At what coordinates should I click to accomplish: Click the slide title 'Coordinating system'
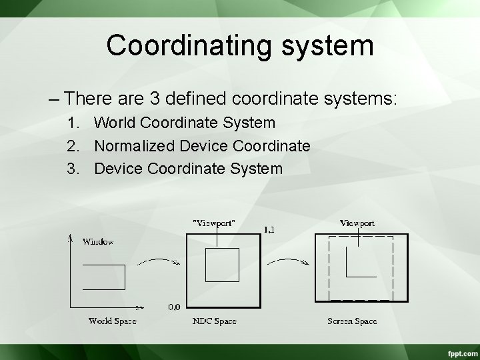pos(239,45)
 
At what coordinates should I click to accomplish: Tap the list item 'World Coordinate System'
pos(185,123)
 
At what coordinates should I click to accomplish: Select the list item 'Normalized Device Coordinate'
pos(202,146)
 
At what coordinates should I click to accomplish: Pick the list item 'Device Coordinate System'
pos(188,169)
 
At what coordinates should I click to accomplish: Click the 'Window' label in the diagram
pos(98,241)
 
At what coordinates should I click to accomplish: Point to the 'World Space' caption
pos(112,321)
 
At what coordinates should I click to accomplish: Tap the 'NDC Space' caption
pos(215,321)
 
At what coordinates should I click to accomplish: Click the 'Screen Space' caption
pos(352,321)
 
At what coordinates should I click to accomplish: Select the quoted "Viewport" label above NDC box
pos(213,223)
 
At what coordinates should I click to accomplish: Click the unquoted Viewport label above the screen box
pos(357,223)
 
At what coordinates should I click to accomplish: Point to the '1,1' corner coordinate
pos(270,230)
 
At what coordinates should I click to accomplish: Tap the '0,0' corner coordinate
pos(173,307)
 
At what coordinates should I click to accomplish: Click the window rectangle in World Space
pos(103,277)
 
